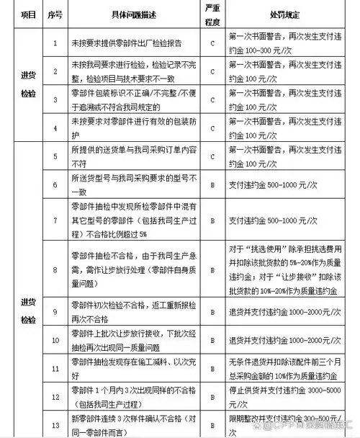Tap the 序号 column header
[55, 14]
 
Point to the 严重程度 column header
[212, 14]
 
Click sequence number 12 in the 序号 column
[55, 395]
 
